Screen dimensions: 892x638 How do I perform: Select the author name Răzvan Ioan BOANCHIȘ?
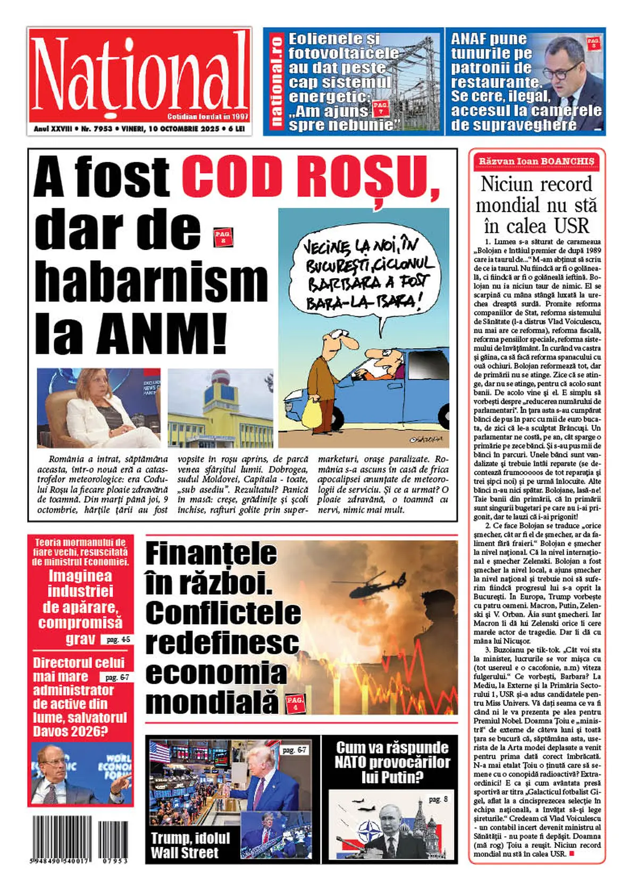(536, 161)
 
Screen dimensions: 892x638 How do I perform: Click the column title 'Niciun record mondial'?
(536, 205)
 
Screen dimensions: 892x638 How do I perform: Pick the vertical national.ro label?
(276, 81)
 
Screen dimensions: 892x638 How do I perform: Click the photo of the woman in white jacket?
(98, 408)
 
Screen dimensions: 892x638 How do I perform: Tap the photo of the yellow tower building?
(220, 408)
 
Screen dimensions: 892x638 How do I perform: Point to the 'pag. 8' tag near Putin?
(438, 799)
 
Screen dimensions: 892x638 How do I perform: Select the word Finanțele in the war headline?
(211, 553)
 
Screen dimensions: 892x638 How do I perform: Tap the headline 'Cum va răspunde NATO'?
(392, 762)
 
